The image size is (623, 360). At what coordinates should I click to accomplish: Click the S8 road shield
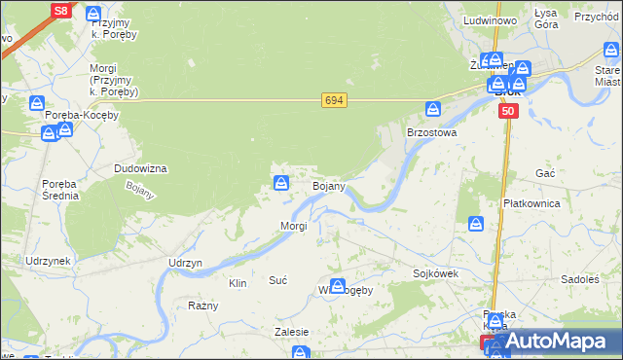[x=60, y=11]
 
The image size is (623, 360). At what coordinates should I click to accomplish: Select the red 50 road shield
[x=507, y=113]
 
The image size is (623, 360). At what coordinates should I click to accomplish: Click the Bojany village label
[x=328, y=185]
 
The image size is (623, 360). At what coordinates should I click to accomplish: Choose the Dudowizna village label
[x=140, y=168]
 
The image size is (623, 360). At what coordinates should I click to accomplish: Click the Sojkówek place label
[x=435, y=274]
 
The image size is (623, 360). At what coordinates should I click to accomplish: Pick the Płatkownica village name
[x=531, y=203]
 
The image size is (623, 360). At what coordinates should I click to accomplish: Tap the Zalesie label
[x=292, y=332]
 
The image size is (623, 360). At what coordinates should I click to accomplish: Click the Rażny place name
[x=202, y=305]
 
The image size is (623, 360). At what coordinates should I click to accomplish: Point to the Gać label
[x=545, y=172]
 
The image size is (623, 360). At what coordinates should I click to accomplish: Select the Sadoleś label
[x=580, y=279]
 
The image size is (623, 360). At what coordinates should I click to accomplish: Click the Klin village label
[x=238, y=283]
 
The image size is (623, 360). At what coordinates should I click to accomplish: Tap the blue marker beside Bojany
[x=281, y=182]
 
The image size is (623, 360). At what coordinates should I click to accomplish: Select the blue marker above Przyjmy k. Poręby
[x=93, y=15]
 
